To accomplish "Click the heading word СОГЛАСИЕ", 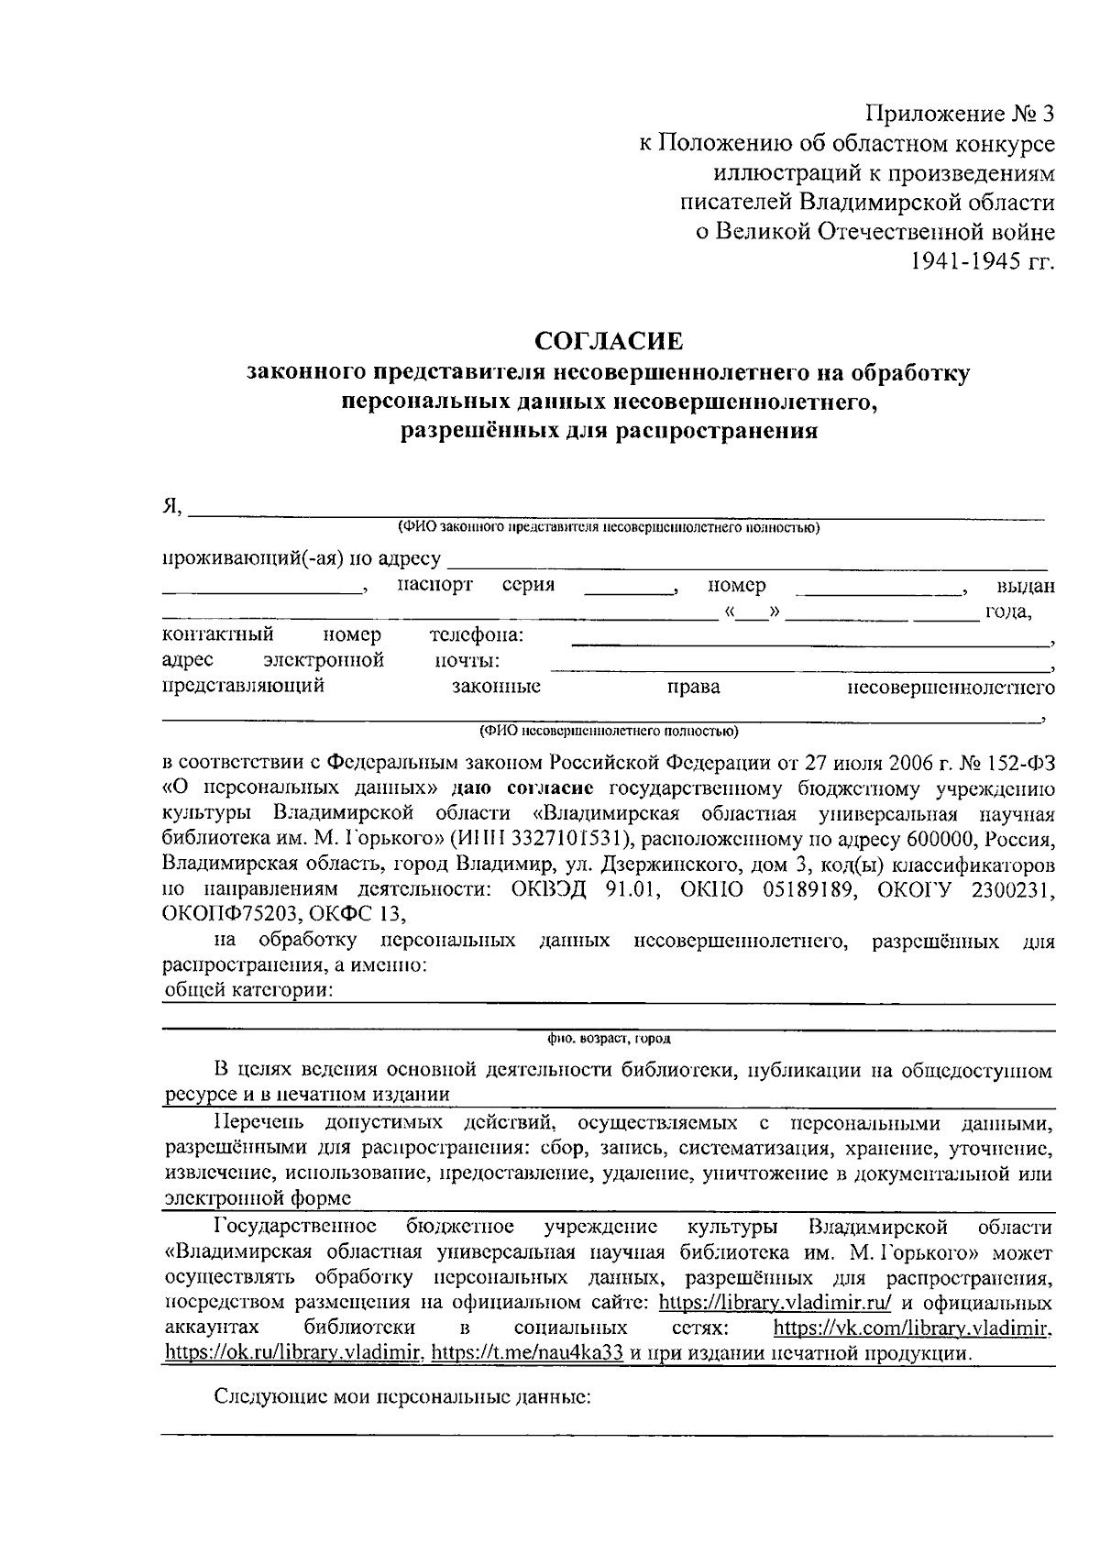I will pos(609,342).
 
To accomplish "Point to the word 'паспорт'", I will pos(435,585).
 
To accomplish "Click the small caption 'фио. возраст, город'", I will pos(609,1039).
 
